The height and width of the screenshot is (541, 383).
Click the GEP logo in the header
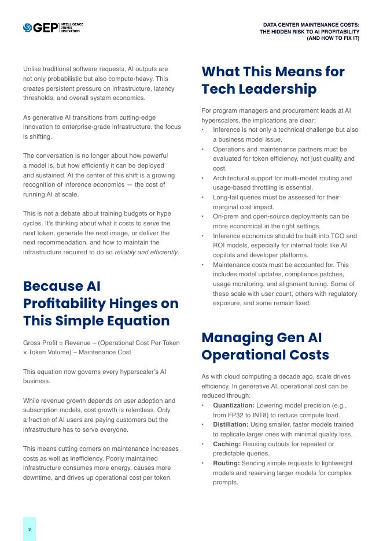click(x=40, y=27)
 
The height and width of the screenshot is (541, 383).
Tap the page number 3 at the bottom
click(x=30, y=529)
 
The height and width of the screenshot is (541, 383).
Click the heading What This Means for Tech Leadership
click(x=272, y=80)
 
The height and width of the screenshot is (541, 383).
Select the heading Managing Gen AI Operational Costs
click(x=265, y=346)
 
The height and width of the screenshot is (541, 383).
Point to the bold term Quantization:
click(x=233, y=405)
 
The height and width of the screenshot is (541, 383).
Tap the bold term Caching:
click(x=227, y=444)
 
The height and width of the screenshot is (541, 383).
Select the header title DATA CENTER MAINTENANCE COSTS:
click(x=311, y=25)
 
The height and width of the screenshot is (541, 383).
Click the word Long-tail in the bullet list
click(x=226, y=197)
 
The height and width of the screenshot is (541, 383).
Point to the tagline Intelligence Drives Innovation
click(x=72, y=27)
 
